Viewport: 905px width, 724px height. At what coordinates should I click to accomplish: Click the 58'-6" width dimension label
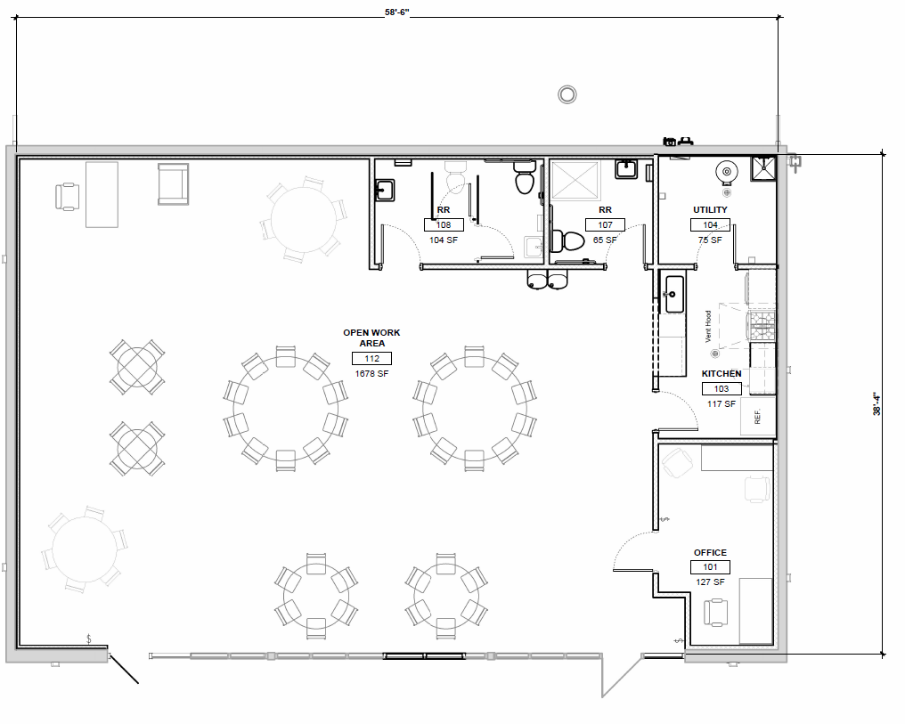tap(397, 12)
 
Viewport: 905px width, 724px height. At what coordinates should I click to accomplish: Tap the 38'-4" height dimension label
tap(876, 403)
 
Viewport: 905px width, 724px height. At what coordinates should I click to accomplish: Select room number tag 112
tap(371, 359)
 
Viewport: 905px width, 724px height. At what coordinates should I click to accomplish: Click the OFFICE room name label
tap(710, 553)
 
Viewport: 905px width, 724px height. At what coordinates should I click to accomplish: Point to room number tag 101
tap(710, 567)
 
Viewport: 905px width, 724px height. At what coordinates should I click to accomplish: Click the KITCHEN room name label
tap(722, 374)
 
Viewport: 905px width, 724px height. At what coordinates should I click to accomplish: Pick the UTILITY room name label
tap(710, 210)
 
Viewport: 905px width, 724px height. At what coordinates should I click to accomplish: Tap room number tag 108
tap(444, 225)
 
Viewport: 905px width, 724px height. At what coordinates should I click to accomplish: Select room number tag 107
tap(605, 225)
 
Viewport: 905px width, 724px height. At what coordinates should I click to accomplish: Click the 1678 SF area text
tap(371, 374)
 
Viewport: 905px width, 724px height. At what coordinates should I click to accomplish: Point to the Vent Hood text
tap(708, 327)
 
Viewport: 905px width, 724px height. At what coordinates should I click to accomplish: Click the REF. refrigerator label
tap(758, 417)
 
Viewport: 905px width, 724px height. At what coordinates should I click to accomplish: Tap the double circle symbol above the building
tap(567, 94)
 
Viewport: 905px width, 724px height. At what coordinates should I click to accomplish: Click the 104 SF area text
tap(444, 240)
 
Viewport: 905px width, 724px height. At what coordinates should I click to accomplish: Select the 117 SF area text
tap(722, 403)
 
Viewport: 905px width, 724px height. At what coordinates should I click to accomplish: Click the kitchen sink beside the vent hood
tap(674, 294)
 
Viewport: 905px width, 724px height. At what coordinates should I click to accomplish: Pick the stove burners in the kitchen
tap(762, 326)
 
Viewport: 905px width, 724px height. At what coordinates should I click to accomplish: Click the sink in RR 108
tap(385, 190)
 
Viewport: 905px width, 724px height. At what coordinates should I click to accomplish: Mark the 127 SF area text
tap(710, 582)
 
